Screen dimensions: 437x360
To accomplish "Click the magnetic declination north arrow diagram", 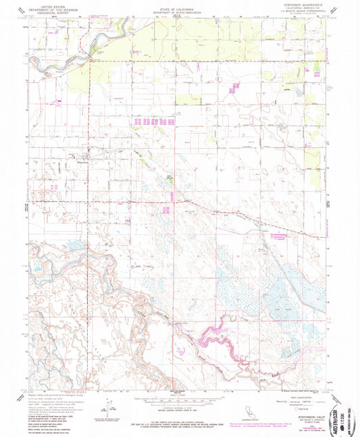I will [x=105, y=404].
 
